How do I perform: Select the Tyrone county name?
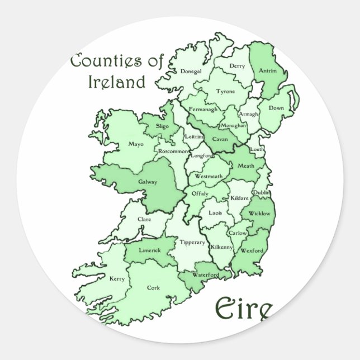[226, 91]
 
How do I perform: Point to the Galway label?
[148, 182]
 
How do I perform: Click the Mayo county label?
[136, 144]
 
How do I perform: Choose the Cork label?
[153, 288]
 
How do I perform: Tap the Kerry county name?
[117, 278]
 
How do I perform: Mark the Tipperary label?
[192, 242]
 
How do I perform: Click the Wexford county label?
[252, 251]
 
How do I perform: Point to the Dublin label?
[261, 192]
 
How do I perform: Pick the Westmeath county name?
[209, 177]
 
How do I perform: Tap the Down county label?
[276, 108]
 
